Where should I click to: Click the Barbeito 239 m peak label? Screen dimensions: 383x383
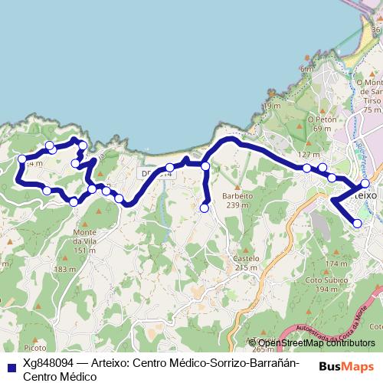coord(237,200)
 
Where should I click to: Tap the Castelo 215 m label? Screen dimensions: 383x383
coord(245,263)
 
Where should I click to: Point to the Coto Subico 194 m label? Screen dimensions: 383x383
coord(321,284)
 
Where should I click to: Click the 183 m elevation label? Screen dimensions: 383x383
coord(65,270)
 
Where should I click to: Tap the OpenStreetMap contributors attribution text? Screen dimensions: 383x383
coord(316,343)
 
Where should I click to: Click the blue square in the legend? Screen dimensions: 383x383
coord(11,366)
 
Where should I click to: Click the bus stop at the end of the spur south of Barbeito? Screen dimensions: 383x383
coord(205,208)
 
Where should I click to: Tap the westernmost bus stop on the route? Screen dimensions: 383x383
coord(21,159)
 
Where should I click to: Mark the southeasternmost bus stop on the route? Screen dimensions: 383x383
coord(358,223)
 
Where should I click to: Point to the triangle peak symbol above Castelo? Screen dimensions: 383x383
coord(245,248)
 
